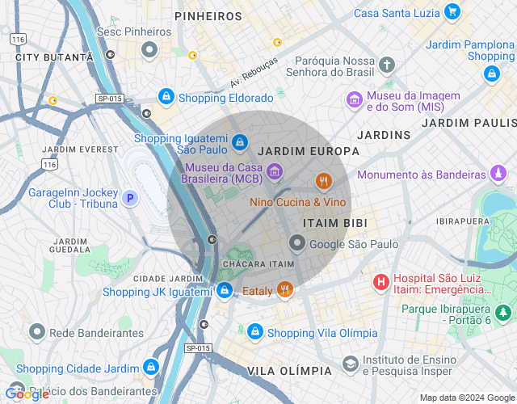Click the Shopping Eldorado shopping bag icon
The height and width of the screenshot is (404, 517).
[166, 97]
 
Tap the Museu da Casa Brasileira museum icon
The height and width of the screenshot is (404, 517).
[275, 170]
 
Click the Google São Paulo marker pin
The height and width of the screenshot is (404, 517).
[297, 243]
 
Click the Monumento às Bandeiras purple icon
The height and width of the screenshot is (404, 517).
[499, 174]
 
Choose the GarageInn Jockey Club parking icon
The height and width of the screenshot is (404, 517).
[128, 197]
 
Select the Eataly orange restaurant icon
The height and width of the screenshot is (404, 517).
[284, 289]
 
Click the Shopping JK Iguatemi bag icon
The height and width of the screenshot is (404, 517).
[225, 290]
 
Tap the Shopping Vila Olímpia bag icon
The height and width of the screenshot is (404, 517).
[254, 332]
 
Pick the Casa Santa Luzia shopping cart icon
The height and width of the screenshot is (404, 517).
[452, 12]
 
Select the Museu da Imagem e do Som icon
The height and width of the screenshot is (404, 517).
[354, 100]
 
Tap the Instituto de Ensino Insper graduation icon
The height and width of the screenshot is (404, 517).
[350, 364]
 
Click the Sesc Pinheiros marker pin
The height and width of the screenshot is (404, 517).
[149, 51]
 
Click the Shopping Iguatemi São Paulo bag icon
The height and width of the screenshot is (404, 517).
[239, 143]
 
